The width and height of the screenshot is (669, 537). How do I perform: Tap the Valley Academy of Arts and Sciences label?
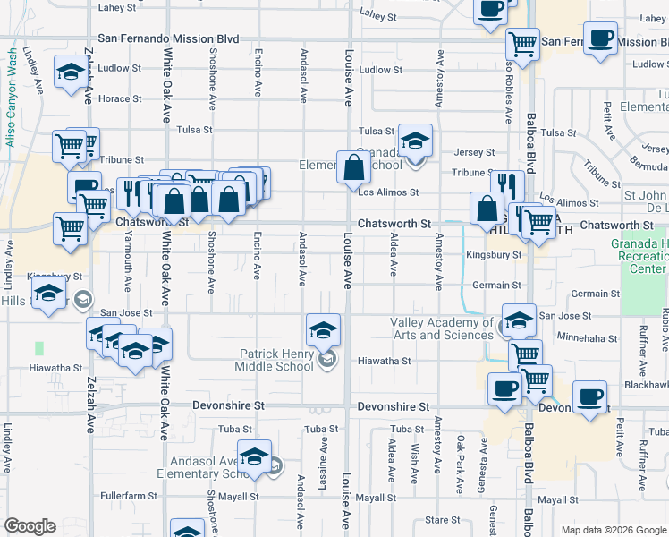(441, 328)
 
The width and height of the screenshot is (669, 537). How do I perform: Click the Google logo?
(30, 526)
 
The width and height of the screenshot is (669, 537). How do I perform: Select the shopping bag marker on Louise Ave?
(354, 167)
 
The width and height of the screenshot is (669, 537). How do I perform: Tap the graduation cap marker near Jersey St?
(415, 141)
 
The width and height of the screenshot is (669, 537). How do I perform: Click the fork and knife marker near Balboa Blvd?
(506, 187)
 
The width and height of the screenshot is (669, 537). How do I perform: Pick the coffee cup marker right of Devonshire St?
(589, 398)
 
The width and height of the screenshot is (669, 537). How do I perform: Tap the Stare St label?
(442, 519)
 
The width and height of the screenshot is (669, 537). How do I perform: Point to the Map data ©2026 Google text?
(613, 530)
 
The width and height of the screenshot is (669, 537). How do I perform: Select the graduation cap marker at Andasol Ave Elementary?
(254, 456)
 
